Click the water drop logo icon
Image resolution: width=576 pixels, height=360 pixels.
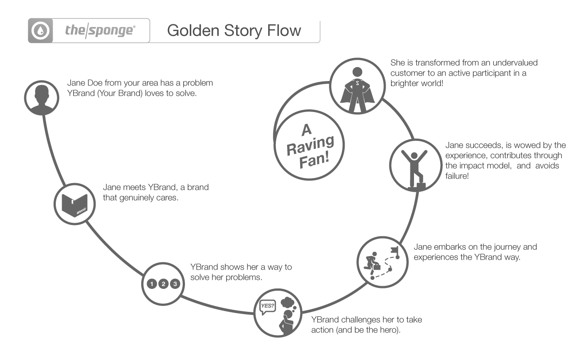(40, 31)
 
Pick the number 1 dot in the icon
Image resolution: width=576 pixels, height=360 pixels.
(153, 283)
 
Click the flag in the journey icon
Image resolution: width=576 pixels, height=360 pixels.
(395, 250)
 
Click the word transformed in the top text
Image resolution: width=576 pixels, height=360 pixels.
(432, 63)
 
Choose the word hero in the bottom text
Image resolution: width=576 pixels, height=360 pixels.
(390, 330)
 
